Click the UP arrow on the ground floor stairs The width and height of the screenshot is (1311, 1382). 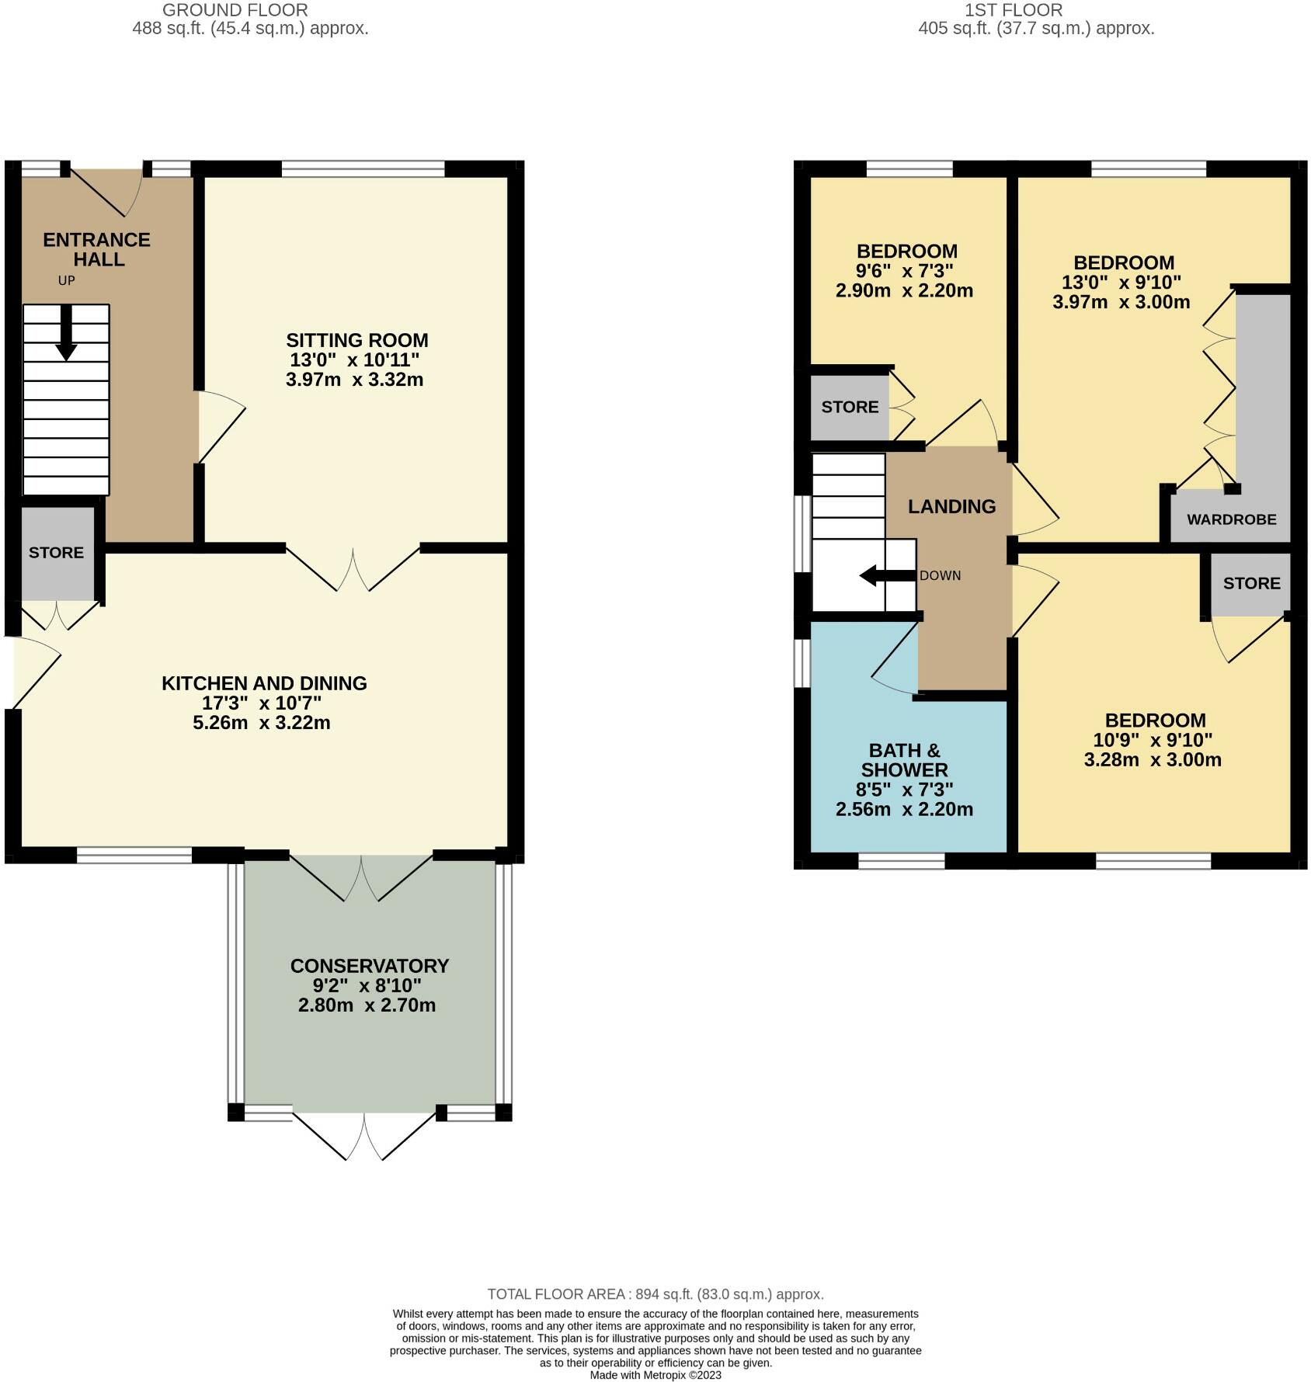(66, 332)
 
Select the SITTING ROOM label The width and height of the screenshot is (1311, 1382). (356, 340)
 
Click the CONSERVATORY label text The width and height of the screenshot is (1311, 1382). (369, 966)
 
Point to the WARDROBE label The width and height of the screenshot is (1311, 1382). (1231, 519)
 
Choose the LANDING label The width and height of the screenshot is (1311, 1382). (951, 506)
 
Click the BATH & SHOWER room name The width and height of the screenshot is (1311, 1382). (904, 760)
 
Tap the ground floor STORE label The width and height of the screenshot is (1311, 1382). (56, 552)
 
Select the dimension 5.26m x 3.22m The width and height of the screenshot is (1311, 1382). (262, 723)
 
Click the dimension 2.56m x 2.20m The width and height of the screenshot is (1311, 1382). (904, 809)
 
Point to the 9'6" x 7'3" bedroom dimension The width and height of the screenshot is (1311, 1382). (904, 271)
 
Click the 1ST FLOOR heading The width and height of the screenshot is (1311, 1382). (1013, 10)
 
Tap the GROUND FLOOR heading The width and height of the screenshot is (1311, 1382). (235, 10)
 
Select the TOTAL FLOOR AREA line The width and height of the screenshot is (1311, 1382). (655, 1294)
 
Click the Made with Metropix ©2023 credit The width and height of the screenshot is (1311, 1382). (655, 1375)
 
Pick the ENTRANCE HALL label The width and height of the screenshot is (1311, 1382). (96, 249)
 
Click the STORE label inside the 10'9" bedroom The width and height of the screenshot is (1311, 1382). (1251, 583)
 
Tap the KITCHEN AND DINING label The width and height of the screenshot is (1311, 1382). (264, 683)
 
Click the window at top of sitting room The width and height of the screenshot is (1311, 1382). (363, 168)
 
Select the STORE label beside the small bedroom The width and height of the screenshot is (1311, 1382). (850, 407)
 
